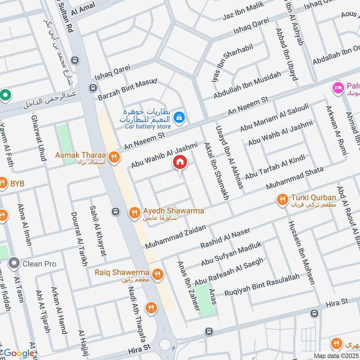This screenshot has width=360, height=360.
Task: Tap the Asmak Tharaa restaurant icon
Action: (x=115, y=157)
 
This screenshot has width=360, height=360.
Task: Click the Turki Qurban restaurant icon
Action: (x=282, y=199)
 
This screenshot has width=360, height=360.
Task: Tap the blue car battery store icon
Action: (x=180, y=118)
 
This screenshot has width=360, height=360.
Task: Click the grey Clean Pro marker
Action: (x=14, y=263)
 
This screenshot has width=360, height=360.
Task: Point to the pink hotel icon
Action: (x=336, y=87)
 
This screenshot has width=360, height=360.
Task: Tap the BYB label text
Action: (x=18, y=184)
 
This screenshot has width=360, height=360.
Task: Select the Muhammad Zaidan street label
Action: (x=175, y=238)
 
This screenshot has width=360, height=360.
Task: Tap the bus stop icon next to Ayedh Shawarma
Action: (x=116, y=211)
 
